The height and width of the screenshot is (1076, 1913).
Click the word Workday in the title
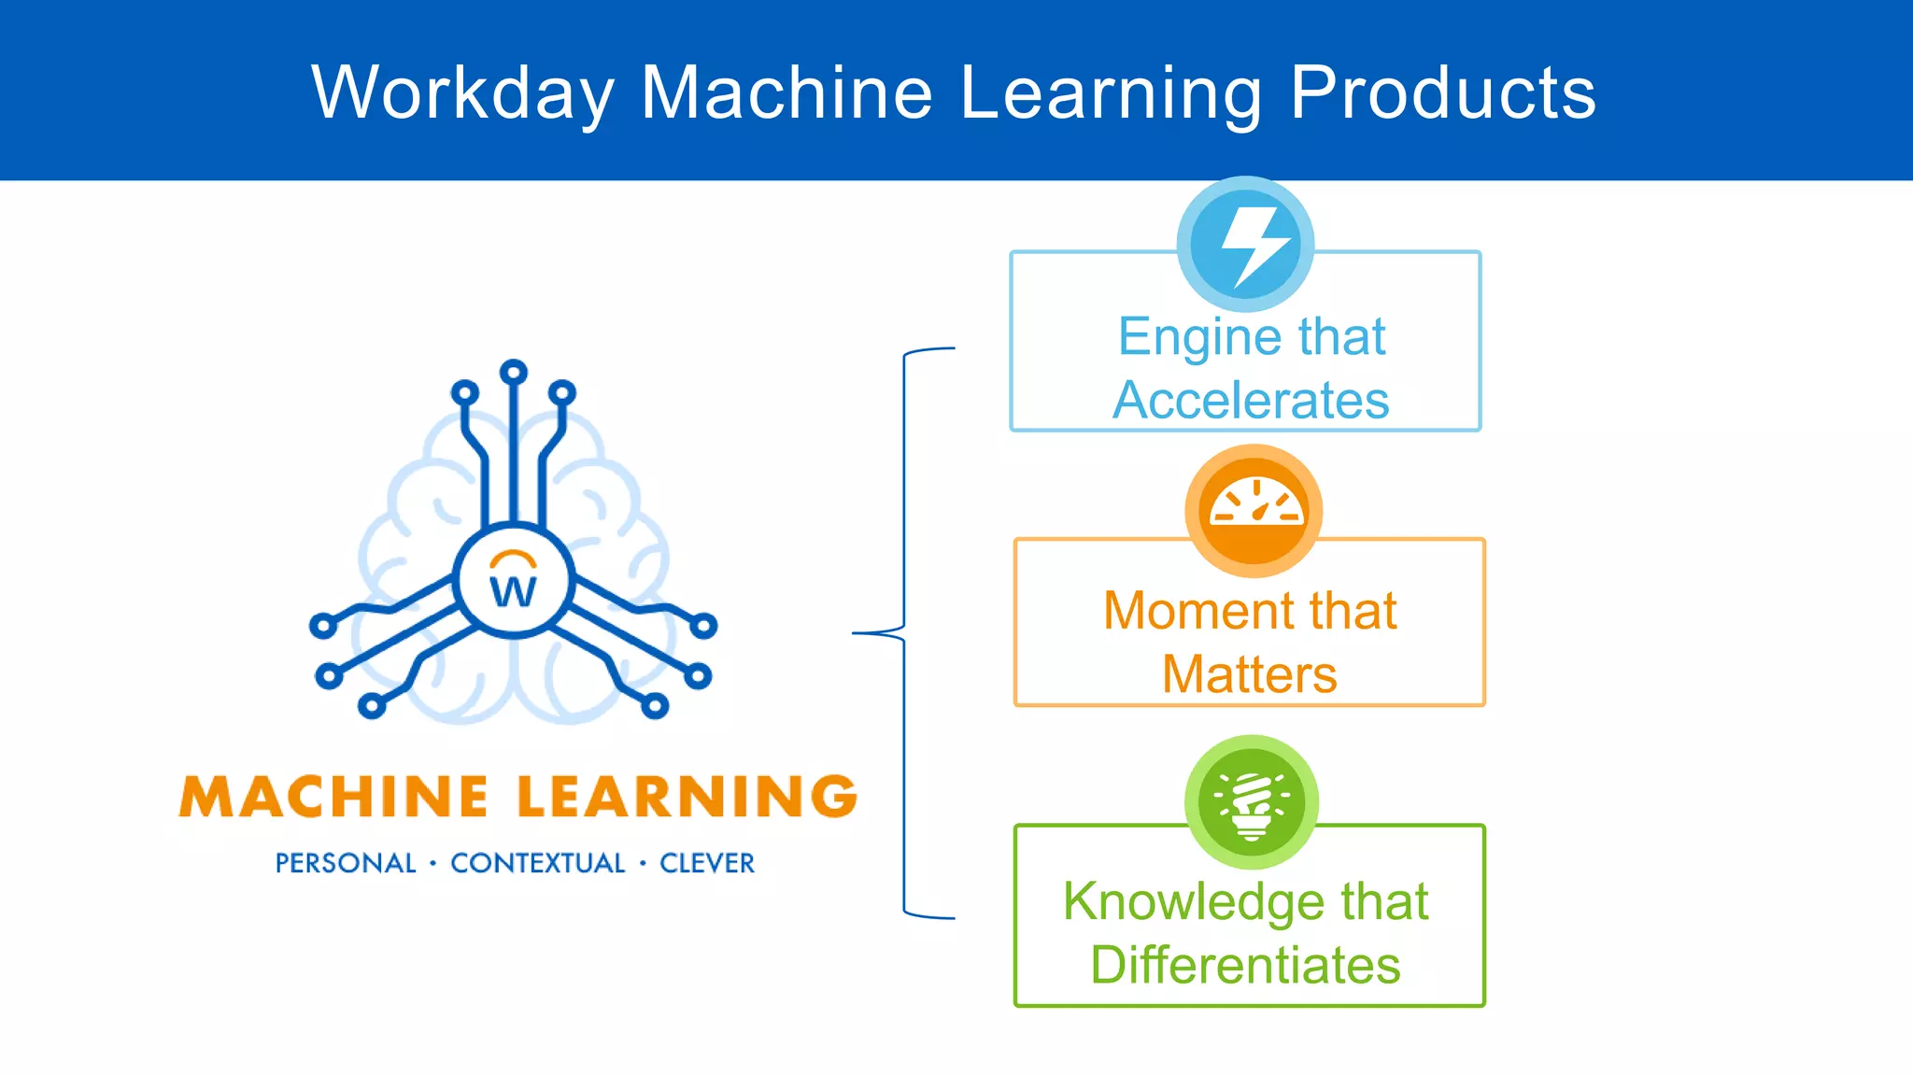coord(462,93)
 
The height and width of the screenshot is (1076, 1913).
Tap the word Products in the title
coord(1443,93)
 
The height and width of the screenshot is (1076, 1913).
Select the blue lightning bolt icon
coord(1246,245)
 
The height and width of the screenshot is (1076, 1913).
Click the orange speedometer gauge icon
coord(1254,511)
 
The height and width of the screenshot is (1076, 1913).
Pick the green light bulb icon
coord(1252,802)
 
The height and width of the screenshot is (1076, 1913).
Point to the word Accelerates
coord(1251,400)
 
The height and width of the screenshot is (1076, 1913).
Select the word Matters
coord(1250,674)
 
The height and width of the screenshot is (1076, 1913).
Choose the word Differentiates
coord(1246,965)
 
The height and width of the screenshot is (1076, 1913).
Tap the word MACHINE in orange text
coord(333,797)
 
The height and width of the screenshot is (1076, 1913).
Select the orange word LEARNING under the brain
coord(687,797)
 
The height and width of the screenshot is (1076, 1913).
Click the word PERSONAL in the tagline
coord(346,863)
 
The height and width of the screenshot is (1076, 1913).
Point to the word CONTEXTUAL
coord(538,863)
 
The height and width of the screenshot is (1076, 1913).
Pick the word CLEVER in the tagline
coord(707,863)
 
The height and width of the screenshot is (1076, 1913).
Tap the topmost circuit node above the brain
coord(514,372)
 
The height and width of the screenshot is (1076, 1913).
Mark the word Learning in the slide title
coord(1112,93)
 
